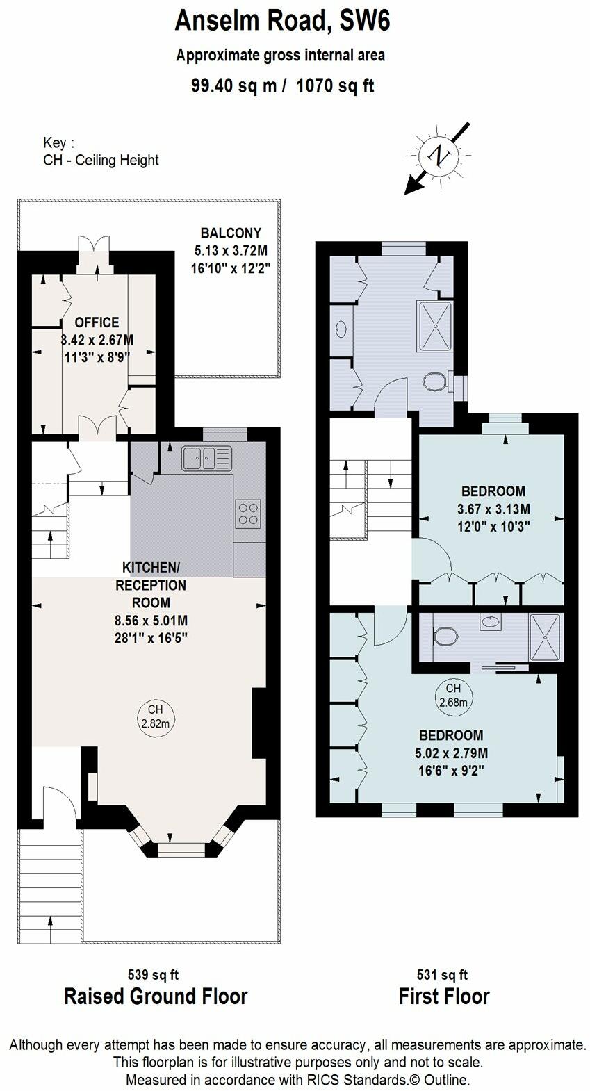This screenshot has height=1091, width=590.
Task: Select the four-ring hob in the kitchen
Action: (x=248, y=514)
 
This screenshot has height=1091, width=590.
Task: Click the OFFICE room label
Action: (x=97, y=322)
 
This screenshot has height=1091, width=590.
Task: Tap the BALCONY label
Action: (x=231, y=233)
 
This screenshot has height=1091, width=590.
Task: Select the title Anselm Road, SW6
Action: (x=283, y=22)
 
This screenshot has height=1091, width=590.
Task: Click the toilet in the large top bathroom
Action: (x=436, y=382)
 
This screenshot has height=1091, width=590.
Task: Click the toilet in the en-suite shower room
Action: (x=445, y=636)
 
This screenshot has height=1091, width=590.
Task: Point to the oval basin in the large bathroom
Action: (x=341, y=329)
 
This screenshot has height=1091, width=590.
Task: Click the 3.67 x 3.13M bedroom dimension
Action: (x=493, y=509)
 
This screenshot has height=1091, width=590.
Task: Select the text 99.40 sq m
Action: (x=233, y=85)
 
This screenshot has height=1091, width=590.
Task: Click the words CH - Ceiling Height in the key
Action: (x=101, y=160)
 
